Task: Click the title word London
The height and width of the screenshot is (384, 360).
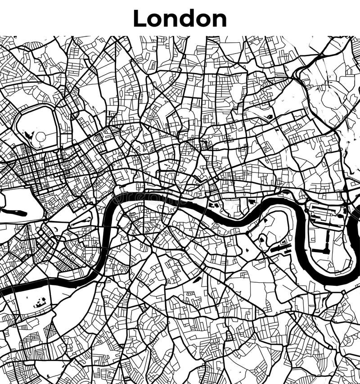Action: [180, 18]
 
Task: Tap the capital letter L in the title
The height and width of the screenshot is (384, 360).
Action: [140, 18]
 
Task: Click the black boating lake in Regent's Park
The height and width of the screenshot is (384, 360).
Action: [28, 134]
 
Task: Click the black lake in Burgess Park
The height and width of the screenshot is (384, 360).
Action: [197, 280]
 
